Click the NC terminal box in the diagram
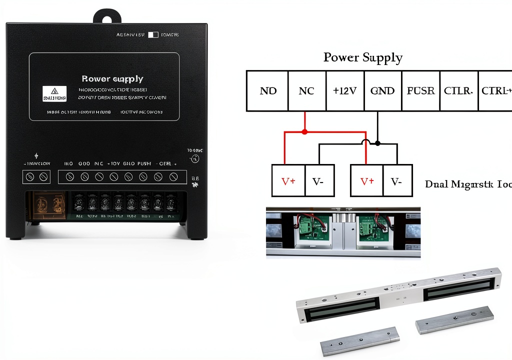pos(306,90)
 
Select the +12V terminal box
pos(345,90)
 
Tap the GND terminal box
pos(382,90)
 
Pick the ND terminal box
pos(267,90)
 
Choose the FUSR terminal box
pos(420,90)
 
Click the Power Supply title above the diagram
pos(362,57)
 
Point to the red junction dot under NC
pos(304,131)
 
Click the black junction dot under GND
pos(377,143)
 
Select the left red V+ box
pos(288,181)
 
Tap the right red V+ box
pos(366,181)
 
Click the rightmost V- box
pos(397,181)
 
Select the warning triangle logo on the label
pos(51,91)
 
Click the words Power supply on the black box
pos(112,78)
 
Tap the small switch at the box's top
pos(153,34)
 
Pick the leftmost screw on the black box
pos(29,176)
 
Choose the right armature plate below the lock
pos(454,320)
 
